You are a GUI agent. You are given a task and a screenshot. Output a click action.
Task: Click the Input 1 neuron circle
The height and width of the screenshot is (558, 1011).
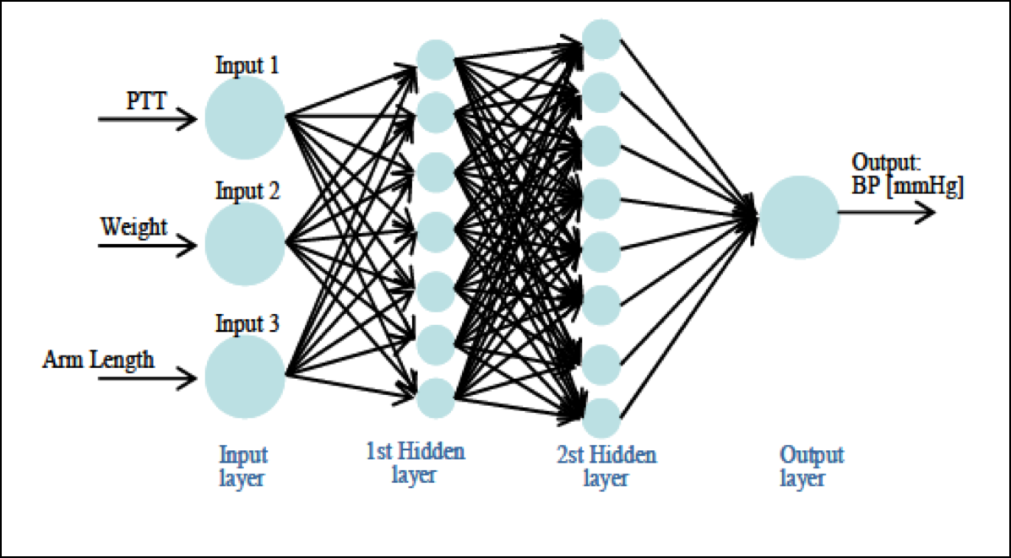245,118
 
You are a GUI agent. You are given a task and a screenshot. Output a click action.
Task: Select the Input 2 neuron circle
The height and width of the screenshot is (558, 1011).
245,244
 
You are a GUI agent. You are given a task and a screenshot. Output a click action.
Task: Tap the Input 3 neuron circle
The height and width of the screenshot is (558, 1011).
245,377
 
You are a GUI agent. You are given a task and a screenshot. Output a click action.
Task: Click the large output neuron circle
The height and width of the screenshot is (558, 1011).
799,216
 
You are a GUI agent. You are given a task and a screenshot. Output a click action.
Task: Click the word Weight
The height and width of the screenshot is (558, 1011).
133,227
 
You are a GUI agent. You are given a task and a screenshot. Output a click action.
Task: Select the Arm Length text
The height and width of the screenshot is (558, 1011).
99,360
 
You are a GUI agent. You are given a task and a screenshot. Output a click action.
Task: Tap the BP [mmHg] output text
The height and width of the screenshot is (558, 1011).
908,188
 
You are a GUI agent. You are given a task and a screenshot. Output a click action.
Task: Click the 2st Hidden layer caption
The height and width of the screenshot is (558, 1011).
606,467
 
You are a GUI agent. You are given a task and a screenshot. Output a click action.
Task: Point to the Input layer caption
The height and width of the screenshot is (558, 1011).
244,467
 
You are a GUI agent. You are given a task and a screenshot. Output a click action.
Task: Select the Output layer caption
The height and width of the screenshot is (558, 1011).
811,467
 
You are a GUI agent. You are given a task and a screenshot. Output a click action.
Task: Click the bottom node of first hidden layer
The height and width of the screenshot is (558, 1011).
436,397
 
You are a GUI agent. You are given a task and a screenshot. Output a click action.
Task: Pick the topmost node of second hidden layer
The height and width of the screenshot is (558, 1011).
602,39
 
